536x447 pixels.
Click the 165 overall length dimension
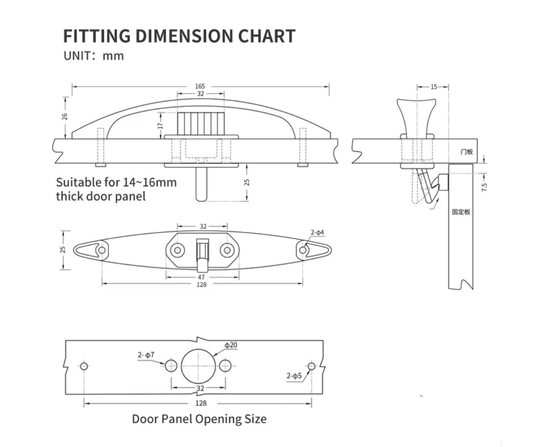click(200, 86)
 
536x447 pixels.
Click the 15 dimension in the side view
click(434, 87)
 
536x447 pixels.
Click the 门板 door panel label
click(466, 152)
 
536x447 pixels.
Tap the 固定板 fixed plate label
click(461, 212)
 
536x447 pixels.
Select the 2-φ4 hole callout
click(317, 232)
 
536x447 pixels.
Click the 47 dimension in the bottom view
click(201, 277)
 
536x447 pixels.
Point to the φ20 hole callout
click(231, 345)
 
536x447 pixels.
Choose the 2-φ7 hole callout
click(146, 355)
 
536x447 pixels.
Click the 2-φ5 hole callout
click(295, 376)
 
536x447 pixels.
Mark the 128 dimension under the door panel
click(201, 403)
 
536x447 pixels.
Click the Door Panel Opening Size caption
click(199, 419)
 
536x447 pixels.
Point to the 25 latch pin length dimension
click(247, 182)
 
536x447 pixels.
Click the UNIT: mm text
click(93, 56)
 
